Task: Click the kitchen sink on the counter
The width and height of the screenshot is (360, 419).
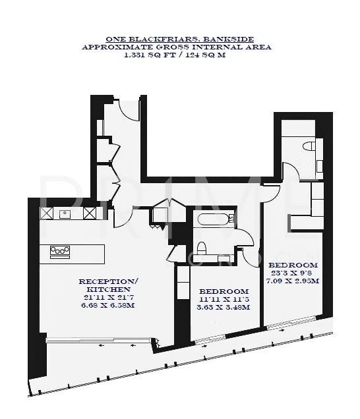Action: pyautogui.click(x=66, y=213)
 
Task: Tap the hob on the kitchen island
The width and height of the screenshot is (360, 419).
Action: pyautogui.click(x=60, y=250)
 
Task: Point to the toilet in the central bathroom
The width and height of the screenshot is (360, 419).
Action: pyautogui.click(x=204, y=248)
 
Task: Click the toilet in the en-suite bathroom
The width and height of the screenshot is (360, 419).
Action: pyautogui.click(x=308, y=146)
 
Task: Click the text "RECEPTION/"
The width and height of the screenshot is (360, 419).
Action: pyautogui.click(x=108, y=281)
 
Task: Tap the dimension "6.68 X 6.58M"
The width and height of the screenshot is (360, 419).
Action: pyautogui.click(x=108, y=305)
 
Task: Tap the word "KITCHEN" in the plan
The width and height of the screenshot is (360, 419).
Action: pyautogui.click(x=108, y=289)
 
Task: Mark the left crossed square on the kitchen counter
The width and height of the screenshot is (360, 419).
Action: pyautogui.click(x=47, y=213)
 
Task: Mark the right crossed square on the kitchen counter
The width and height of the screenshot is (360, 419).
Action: pyautogui.click(x=90, y=213)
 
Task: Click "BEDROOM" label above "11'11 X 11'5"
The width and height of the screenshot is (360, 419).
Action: pyautogui.click(x=224, y=291)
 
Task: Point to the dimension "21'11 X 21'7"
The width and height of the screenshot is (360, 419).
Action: pyautogui.click(x=108, y=297)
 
